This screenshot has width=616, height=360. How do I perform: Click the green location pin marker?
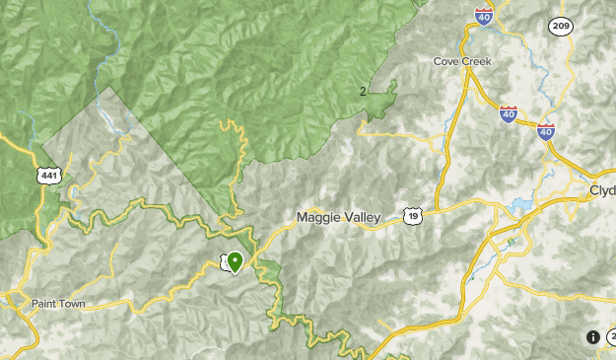(x=235, y=262)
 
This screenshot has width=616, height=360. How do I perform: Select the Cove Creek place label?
(x=462, y=61)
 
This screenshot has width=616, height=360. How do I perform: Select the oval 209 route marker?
(x=562, y=26)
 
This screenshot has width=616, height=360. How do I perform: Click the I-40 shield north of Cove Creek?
(x=483, y=16)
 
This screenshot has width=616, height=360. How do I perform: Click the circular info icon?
(x=592, y=337)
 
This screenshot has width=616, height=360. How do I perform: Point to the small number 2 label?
(x=363, y=92)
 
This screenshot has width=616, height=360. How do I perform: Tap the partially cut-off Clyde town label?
(x=602, y=189)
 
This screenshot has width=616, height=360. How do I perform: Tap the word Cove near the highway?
(x=446, y=61)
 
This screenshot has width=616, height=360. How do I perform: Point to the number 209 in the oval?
(x=562, y=26)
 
